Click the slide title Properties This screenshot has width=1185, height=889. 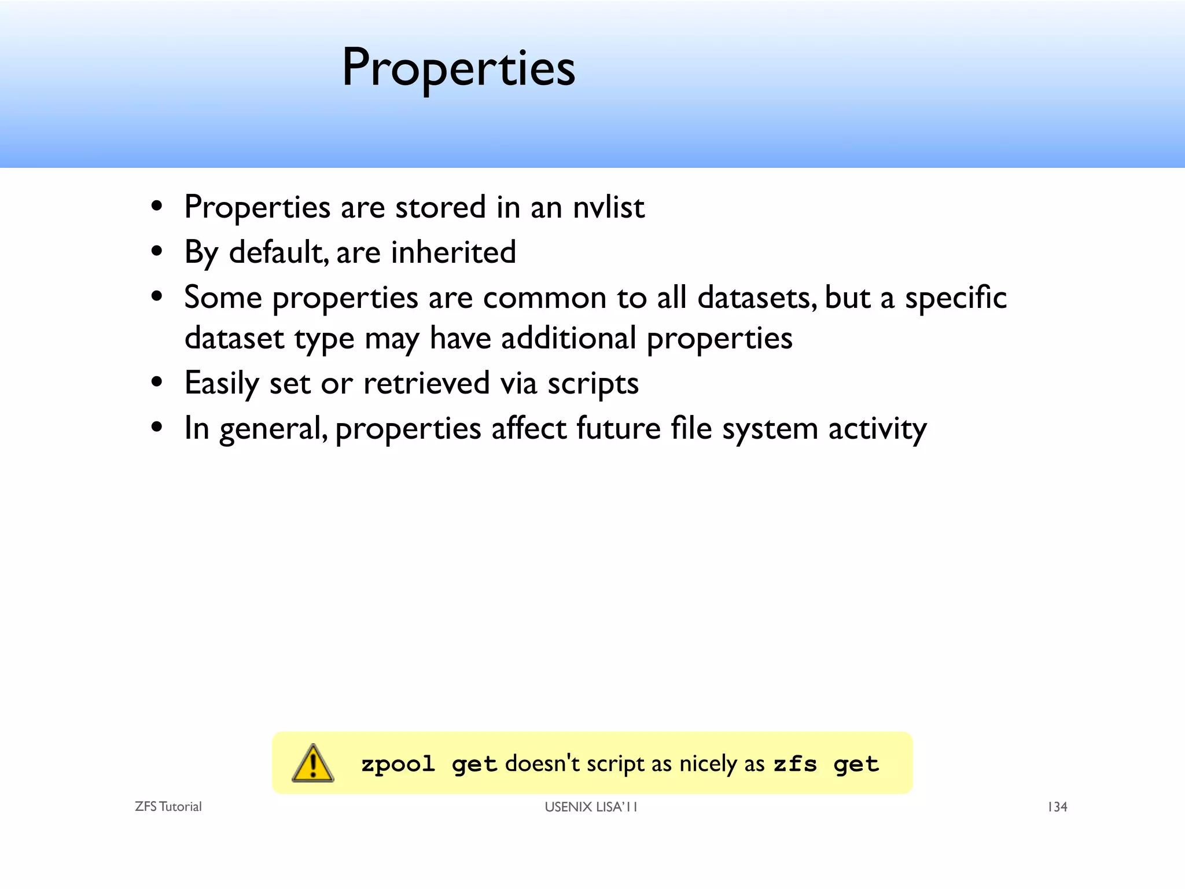458,68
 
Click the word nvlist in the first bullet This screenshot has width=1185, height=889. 608,207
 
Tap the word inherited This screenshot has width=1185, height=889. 453,252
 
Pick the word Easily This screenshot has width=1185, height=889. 222,384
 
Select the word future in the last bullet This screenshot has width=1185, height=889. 618,429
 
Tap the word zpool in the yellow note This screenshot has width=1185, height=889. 398,765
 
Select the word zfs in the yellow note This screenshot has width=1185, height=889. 795,765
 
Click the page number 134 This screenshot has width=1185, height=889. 1057,807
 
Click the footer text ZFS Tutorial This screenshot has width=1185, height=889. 168,807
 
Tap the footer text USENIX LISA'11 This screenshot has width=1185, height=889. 591,807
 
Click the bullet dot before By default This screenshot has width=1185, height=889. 157,252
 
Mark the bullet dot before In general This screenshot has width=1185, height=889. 157,428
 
